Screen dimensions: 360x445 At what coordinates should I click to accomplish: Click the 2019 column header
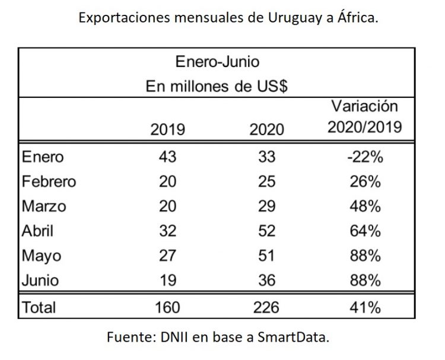168,129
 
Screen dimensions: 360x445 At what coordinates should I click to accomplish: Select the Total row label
39,307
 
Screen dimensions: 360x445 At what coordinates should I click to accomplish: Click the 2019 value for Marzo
168,207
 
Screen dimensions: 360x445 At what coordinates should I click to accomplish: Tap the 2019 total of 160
168,307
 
